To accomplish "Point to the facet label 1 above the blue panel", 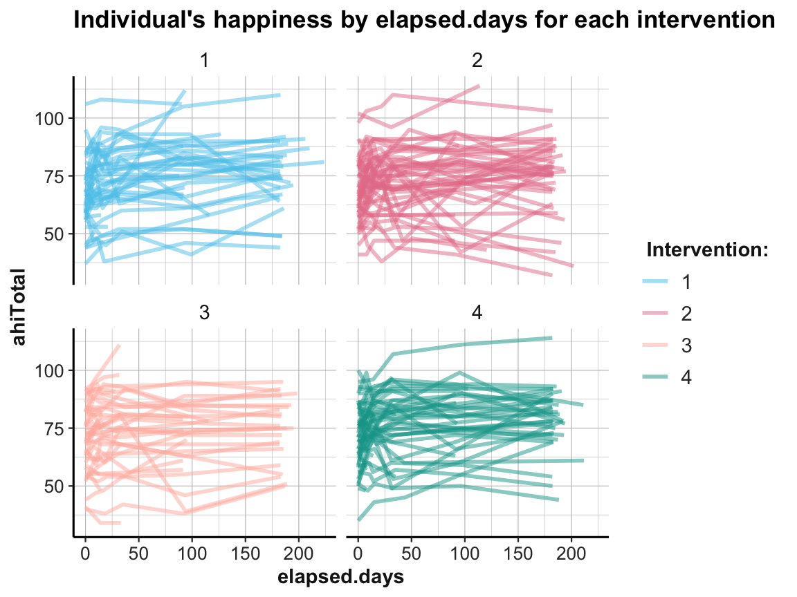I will click(204, 61).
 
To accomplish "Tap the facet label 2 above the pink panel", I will click(477, 61).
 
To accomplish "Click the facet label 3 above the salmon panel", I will click(204, 313).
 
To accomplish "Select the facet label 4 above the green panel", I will click(477, 313).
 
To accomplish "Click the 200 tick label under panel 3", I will click(299, 555).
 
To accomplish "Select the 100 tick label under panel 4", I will click(464, 555).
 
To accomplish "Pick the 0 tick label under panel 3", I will click(85, 555).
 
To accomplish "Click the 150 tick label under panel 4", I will click(518, 555).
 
